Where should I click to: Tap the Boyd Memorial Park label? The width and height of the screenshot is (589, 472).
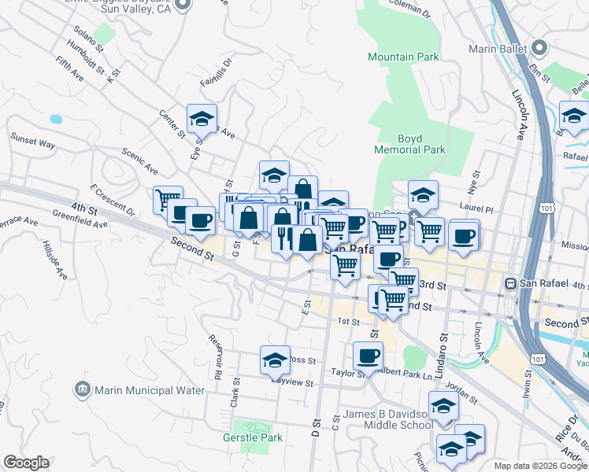[x=421, y=144]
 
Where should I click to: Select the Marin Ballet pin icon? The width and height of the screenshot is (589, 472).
[x=539, y=47]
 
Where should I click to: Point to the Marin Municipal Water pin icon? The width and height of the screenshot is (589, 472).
[x=83, y=389]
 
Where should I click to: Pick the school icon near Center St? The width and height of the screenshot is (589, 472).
[x=202, y=119]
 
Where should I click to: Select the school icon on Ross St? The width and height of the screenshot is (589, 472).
[x=275, y=360]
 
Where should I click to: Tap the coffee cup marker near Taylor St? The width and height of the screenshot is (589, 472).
[x=368, y=356]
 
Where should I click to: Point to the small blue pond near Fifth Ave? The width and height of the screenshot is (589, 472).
[x=55, y=120]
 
